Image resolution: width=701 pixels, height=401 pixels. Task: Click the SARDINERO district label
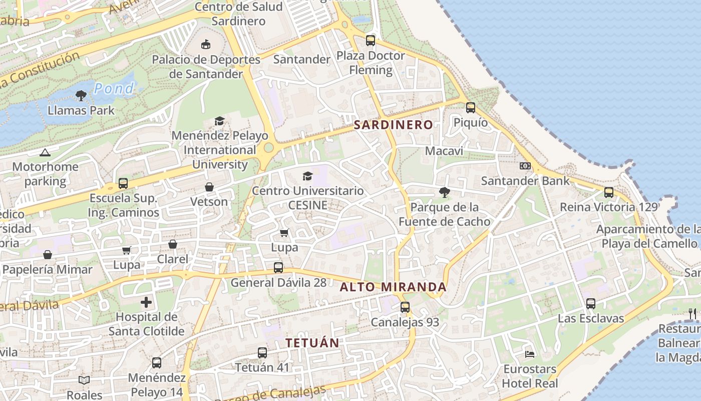pyautogui.click(x=393, y=125)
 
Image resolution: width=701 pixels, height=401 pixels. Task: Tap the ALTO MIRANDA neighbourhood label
pyautogui.click(x=393, y=287)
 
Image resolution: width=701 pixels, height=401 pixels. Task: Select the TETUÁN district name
pyautogui.click(x=312, y=343)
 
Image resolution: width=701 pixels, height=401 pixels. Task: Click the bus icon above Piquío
pyautogui.click(x=470, y=107)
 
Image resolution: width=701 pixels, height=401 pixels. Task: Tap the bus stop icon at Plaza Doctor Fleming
pyautogui.click(x=370, y=41)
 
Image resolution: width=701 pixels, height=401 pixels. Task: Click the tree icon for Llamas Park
pyautogui.click(x=81, y=95)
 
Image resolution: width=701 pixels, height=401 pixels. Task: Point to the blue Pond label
pyautogui.click(x=114, y=89)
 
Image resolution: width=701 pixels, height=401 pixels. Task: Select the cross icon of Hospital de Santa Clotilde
pyautogui.click(x=146, y=302)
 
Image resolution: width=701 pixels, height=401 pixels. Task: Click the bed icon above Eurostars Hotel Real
pyautogui.click(x=530, y=354)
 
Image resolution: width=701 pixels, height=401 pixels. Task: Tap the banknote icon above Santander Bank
pyautogui.click(x=525, y=166)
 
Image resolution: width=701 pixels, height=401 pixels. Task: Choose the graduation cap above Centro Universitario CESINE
pyautogui.click(x=307, y=176)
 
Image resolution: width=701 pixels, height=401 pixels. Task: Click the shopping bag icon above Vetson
pyautogui.click(x=209, y=187)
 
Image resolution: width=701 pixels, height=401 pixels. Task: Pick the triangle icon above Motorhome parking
pyautogui.click(x=45, y=152)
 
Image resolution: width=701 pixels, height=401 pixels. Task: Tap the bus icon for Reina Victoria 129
pyautogui.click(x=608, y=192)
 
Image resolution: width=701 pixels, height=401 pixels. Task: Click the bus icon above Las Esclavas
pyautogui.click(x=591, y=303)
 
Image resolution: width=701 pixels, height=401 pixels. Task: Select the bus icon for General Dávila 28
pyautogui.click(x=278, y=268)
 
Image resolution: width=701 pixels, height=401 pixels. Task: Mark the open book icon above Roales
pyautogui.click(x=84, y=380)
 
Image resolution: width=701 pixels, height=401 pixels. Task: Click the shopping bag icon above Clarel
pyautogui.click(x=172, y=244)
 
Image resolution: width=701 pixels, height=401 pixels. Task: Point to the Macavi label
pyautogui.click(x=444, y=151)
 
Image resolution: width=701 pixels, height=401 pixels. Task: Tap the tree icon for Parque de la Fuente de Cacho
pyautogui.click(x=444, y=191)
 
